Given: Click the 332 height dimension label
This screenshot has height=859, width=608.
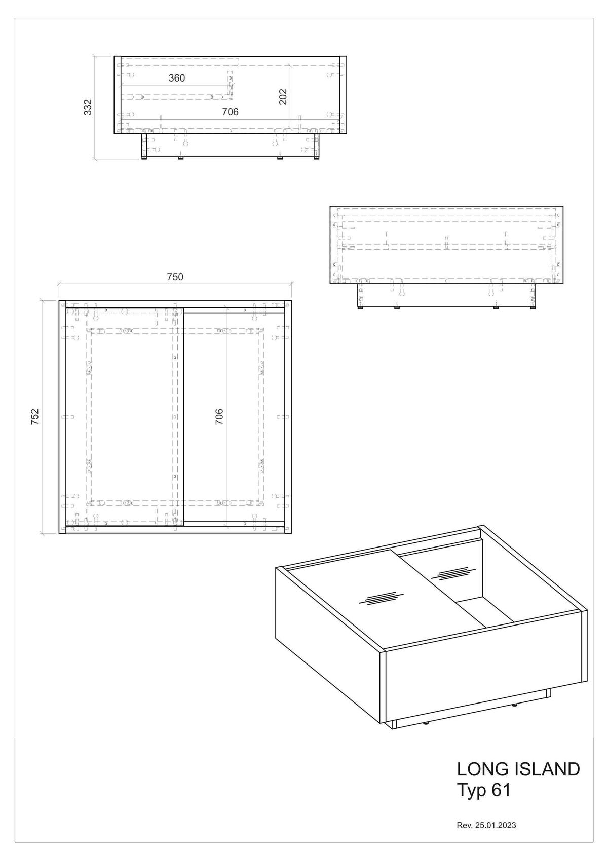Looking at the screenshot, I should [88, 107].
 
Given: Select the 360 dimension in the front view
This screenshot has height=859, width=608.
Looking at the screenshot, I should [177, 79].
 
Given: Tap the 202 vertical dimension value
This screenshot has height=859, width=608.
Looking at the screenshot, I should [283, 97].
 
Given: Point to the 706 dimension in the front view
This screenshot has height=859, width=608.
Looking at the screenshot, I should [230, 112].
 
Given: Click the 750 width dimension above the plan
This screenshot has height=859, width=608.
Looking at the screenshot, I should [175, 277].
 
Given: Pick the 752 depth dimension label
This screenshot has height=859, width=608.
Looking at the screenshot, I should [35, 417].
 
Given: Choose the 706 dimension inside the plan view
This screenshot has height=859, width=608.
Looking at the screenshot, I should [219, 417].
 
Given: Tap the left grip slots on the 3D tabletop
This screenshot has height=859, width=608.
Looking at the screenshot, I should [381, 598].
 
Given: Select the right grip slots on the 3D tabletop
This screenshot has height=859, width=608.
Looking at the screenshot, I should [453, 574].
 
